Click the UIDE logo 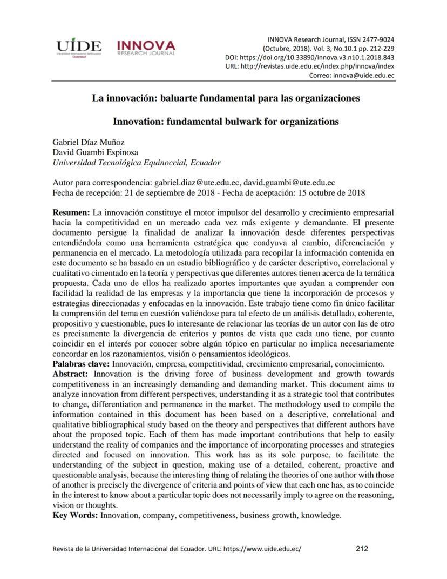pos(79,47)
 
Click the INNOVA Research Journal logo pos(146,47)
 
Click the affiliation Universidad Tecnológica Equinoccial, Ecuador pos(137,163)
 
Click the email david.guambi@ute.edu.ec pos(289,183)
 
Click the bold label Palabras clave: pos(78,364)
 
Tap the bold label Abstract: pos(72,374)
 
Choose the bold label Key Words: pos(75,515)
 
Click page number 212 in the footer pos(362,549)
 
